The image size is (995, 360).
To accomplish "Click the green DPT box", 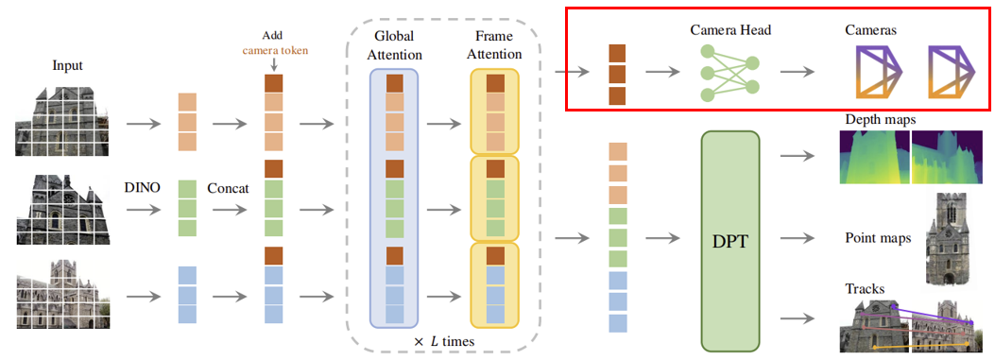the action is [x=730, y=241].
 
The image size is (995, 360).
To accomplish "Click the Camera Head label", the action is [x=730, y=30].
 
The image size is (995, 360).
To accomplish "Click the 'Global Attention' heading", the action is [x=393, y=45].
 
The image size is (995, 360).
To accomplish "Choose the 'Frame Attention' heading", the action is [x=494, y=45].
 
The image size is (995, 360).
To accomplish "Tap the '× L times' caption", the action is [x=444, y=341].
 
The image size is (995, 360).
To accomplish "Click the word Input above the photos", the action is [x=67, y=66].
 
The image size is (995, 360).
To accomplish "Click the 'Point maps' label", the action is [x=878, y=239].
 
